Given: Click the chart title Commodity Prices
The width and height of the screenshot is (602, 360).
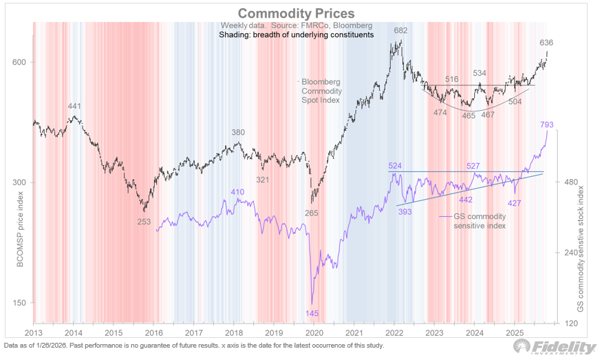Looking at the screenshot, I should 297,13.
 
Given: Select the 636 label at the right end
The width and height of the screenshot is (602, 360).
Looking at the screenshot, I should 546,43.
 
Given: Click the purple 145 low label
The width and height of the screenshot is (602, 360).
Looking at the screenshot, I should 312,313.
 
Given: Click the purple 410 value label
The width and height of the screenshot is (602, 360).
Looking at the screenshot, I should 237,192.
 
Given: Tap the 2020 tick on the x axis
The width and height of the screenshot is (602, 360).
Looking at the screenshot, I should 314,332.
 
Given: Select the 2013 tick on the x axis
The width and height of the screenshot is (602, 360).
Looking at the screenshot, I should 34,332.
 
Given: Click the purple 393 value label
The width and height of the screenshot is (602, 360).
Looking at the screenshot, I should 405,212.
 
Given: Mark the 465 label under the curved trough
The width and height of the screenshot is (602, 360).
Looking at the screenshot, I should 469,116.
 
